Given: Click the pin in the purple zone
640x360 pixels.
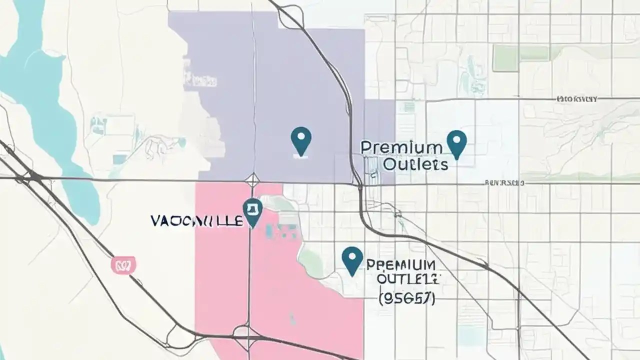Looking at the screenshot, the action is click(300, 140).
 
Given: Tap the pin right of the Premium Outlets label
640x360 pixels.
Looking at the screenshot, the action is click(456, 143).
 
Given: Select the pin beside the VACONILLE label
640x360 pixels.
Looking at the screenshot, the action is click(252, 212).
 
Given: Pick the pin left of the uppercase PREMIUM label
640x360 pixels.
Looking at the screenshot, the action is click(352, 260).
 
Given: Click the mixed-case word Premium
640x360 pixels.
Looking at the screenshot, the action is click(401, 147).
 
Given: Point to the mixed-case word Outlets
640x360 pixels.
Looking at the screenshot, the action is click(415, 164).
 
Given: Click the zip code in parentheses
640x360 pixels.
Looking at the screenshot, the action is click(406, 298).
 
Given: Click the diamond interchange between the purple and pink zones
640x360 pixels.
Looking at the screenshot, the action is click(252, 180).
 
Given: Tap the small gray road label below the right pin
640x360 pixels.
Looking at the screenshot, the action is click(504, 183).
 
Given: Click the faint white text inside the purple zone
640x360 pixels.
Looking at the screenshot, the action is click(200, 80).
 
